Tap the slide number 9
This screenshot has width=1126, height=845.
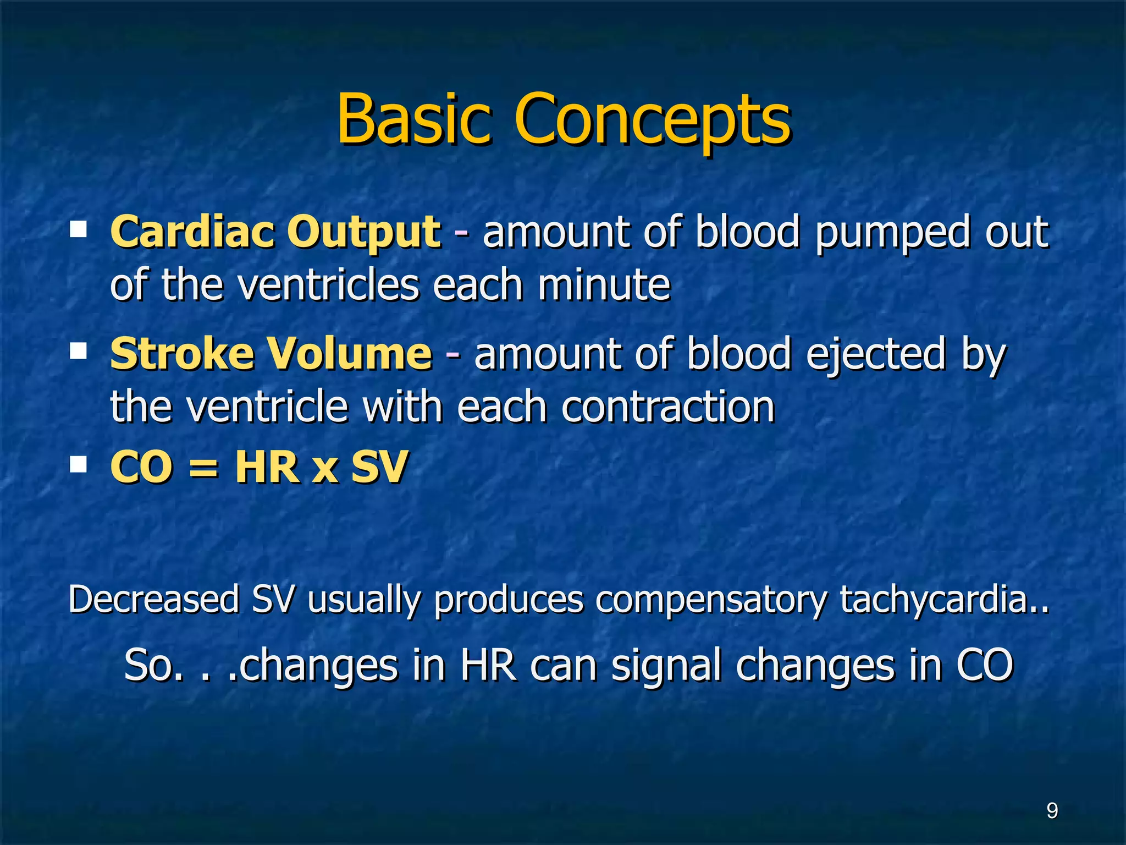(x=1052, y=811)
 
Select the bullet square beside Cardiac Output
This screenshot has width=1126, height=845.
(x=79, y=229)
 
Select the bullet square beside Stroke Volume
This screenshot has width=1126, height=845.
(x=79, y=351)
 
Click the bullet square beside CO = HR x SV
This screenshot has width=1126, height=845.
(x=79, y=465)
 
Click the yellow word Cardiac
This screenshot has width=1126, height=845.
(x=192, y=232)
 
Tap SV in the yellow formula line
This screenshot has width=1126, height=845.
(x=379, y=467)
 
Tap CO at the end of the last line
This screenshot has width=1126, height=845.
(x=984, y=665)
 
